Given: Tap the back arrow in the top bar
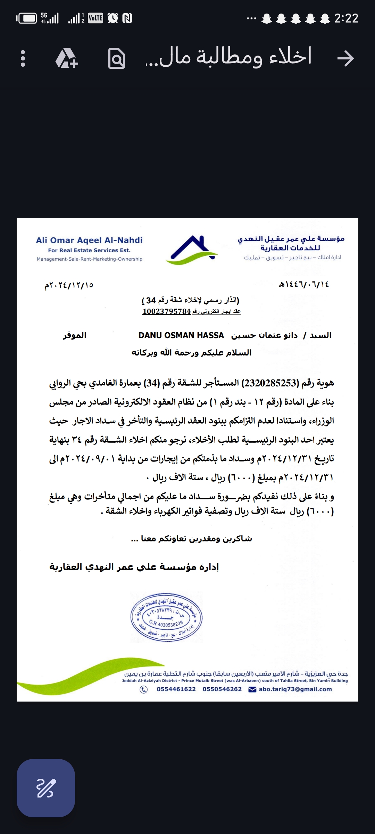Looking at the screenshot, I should (x=345, y=58).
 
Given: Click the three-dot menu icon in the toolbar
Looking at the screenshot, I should (x=23, y=58).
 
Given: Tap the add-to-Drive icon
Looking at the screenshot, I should (x=67, y=58).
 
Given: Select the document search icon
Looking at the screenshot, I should (x=117, y=58).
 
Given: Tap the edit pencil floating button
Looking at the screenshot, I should (x=46, y=788).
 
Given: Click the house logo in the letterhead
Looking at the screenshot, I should (x=191, y=250).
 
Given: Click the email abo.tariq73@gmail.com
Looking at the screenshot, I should (x=295, y=689).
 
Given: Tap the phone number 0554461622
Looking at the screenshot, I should (x=176, y=689).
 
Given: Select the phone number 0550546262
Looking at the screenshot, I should (x=222, y=689).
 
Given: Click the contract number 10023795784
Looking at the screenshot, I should (x=167, y=311).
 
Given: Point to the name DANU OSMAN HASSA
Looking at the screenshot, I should (x=181, y=335).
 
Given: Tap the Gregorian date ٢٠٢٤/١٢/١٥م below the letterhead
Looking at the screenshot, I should (x=69, y=285).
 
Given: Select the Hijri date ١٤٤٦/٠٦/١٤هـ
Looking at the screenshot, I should (x=304, y=285).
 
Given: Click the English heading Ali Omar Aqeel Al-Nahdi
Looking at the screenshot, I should (x=89, y=240).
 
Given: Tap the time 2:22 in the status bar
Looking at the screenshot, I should (x=346, y=18).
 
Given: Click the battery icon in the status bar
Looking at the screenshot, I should (x=26, y=18).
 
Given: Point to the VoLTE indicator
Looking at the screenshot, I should (x=95, y=18).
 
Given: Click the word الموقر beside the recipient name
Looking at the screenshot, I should (x=74, y=335).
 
